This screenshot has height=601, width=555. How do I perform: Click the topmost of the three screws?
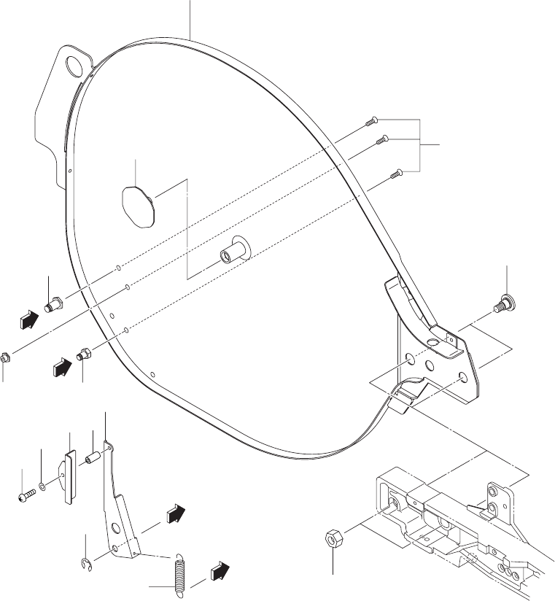371,122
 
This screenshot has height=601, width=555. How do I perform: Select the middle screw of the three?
380,140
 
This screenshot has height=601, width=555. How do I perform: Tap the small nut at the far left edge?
4,358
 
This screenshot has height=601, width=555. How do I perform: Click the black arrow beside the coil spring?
219,570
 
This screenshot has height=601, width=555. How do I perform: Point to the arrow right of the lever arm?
174,513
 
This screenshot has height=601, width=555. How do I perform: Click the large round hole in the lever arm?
116,529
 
